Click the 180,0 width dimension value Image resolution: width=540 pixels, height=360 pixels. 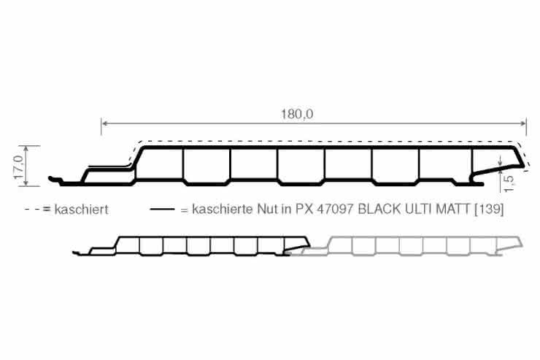[297, 114]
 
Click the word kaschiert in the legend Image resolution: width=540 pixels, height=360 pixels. [80, 210]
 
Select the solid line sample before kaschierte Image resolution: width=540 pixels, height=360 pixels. [163, 210]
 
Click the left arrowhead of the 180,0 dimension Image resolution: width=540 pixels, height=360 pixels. [104, 123]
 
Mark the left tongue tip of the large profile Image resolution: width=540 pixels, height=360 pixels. [51, 177]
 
